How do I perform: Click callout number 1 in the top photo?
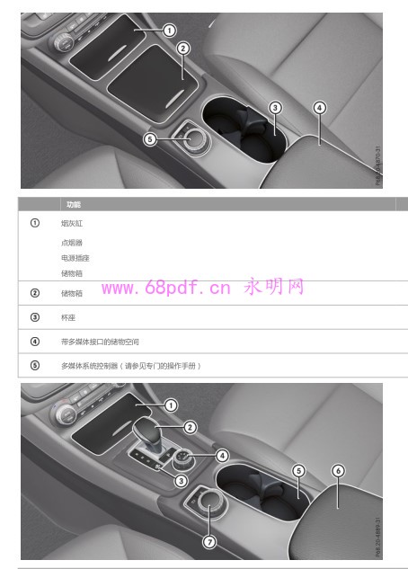169,30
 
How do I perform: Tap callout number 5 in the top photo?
150,139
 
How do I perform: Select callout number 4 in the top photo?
319,107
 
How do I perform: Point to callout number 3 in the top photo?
275,108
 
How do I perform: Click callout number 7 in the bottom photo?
209,541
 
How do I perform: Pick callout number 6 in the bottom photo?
338,470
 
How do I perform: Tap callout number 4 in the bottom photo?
222,456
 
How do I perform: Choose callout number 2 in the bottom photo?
191,427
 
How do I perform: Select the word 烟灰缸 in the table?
72,223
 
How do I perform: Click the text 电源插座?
75,258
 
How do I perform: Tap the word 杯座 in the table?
68,317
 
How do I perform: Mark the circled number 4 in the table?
34,342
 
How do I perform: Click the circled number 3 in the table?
34,317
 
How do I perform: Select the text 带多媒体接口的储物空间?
100,342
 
